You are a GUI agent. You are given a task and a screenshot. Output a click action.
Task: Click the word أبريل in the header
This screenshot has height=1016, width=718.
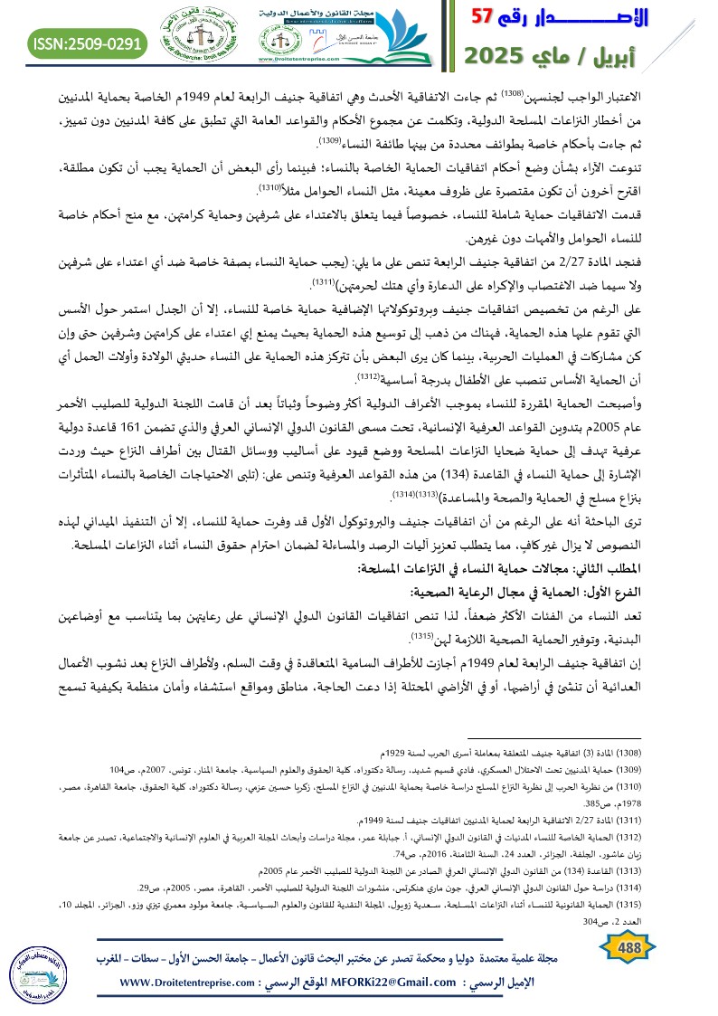[x=665, y=56]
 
